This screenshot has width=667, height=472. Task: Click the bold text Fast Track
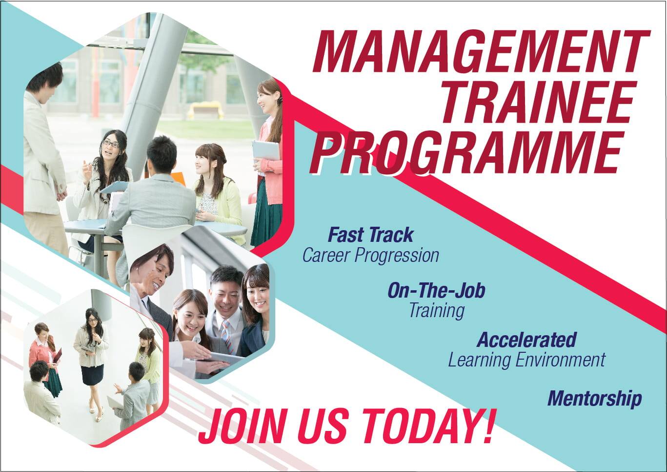[x=370, y=235]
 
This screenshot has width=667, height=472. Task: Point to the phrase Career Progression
[x=370, y=255]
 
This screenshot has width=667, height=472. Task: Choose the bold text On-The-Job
[x=436, y=291]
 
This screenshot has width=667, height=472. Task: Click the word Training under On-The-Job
[x=436, y=310]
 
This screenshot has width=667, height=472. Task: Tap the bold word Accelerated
[x=526, y=340]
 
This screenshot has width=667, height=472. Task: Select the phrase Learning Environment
[x=526, y=360]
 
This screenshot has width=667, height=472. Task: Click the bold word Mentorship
[x=594, y=398]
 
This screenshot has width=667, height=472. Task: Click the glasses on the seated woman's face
[x=111, y=144]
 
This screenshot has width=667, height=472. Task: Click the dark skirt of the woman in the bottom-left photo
[x=92, y=374]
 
